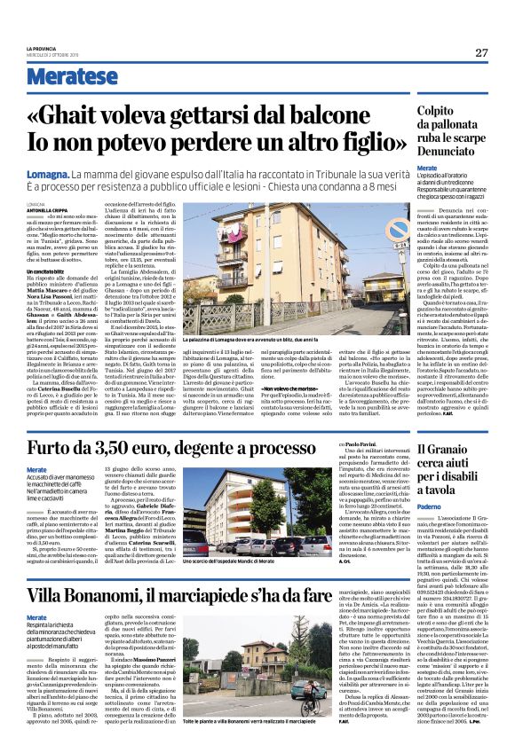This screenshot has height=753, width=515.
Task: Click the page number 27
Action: (x=480, y=52)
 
